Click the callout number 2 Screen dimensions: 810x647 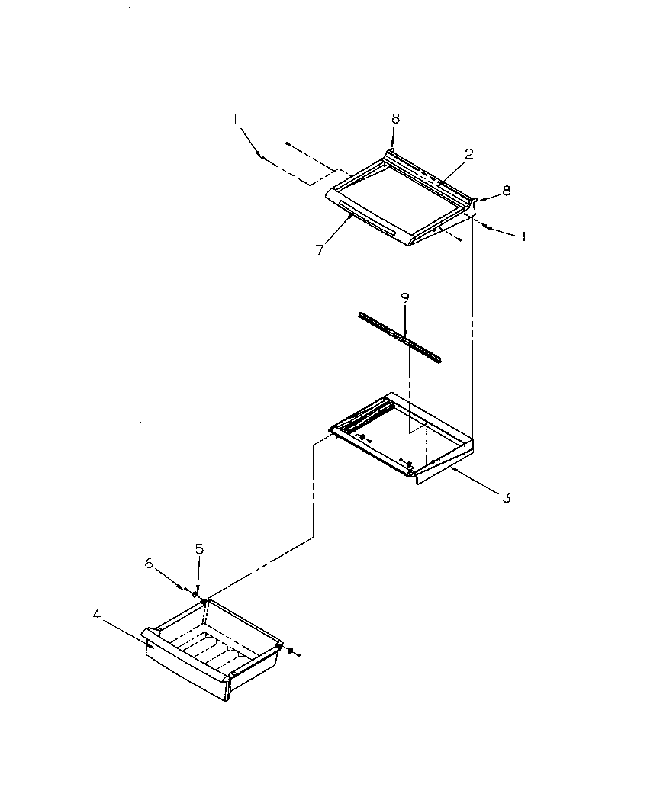[469, 153]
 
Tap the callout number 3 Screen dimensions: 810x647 [506, 498]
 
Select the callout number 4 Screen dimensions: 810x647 [96, 613]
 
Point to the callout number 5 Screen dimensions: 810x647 [199, 548]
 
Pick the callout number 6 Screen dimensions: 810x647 [150, 564]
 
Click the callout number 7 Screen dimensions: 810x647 [320, 249]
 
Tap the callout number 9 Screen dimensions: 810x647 [405, 298]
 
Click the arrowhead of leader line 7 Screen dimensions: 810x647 [351, 216]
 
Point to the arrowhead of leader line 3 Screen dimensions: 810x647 [451, 469]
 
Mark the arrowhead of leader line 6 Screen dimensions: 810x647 [183, 588]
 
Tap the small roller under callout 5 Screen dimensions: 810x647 [195, 594]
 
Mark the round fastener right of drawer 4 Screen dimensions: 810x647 [290, 649]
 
